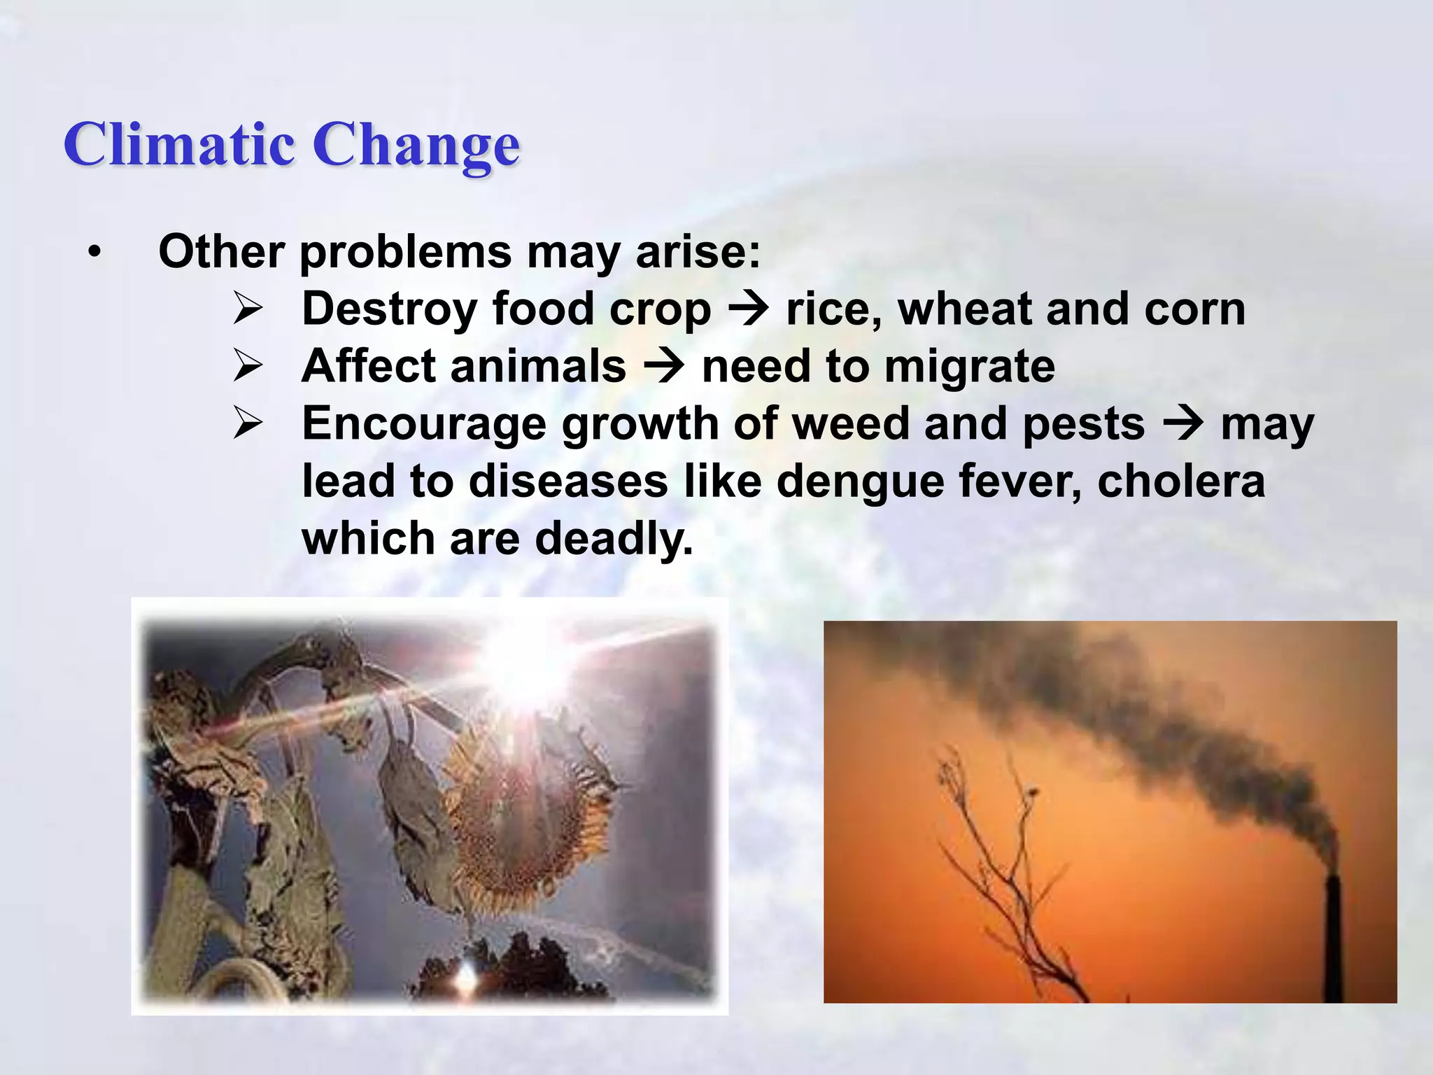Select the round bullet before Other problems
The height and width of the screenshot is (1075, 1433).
pos(95,253)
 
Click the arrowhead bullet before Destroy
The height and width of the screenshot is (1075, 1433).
pos(248,309)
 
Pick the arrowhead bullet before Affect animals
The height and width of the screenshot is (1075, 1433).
pos(248,366)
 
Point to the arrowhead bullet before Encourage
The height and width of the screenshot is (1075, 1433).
pos(248,423)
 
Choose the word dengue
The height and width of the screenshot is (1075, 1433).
pos(861,483)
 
